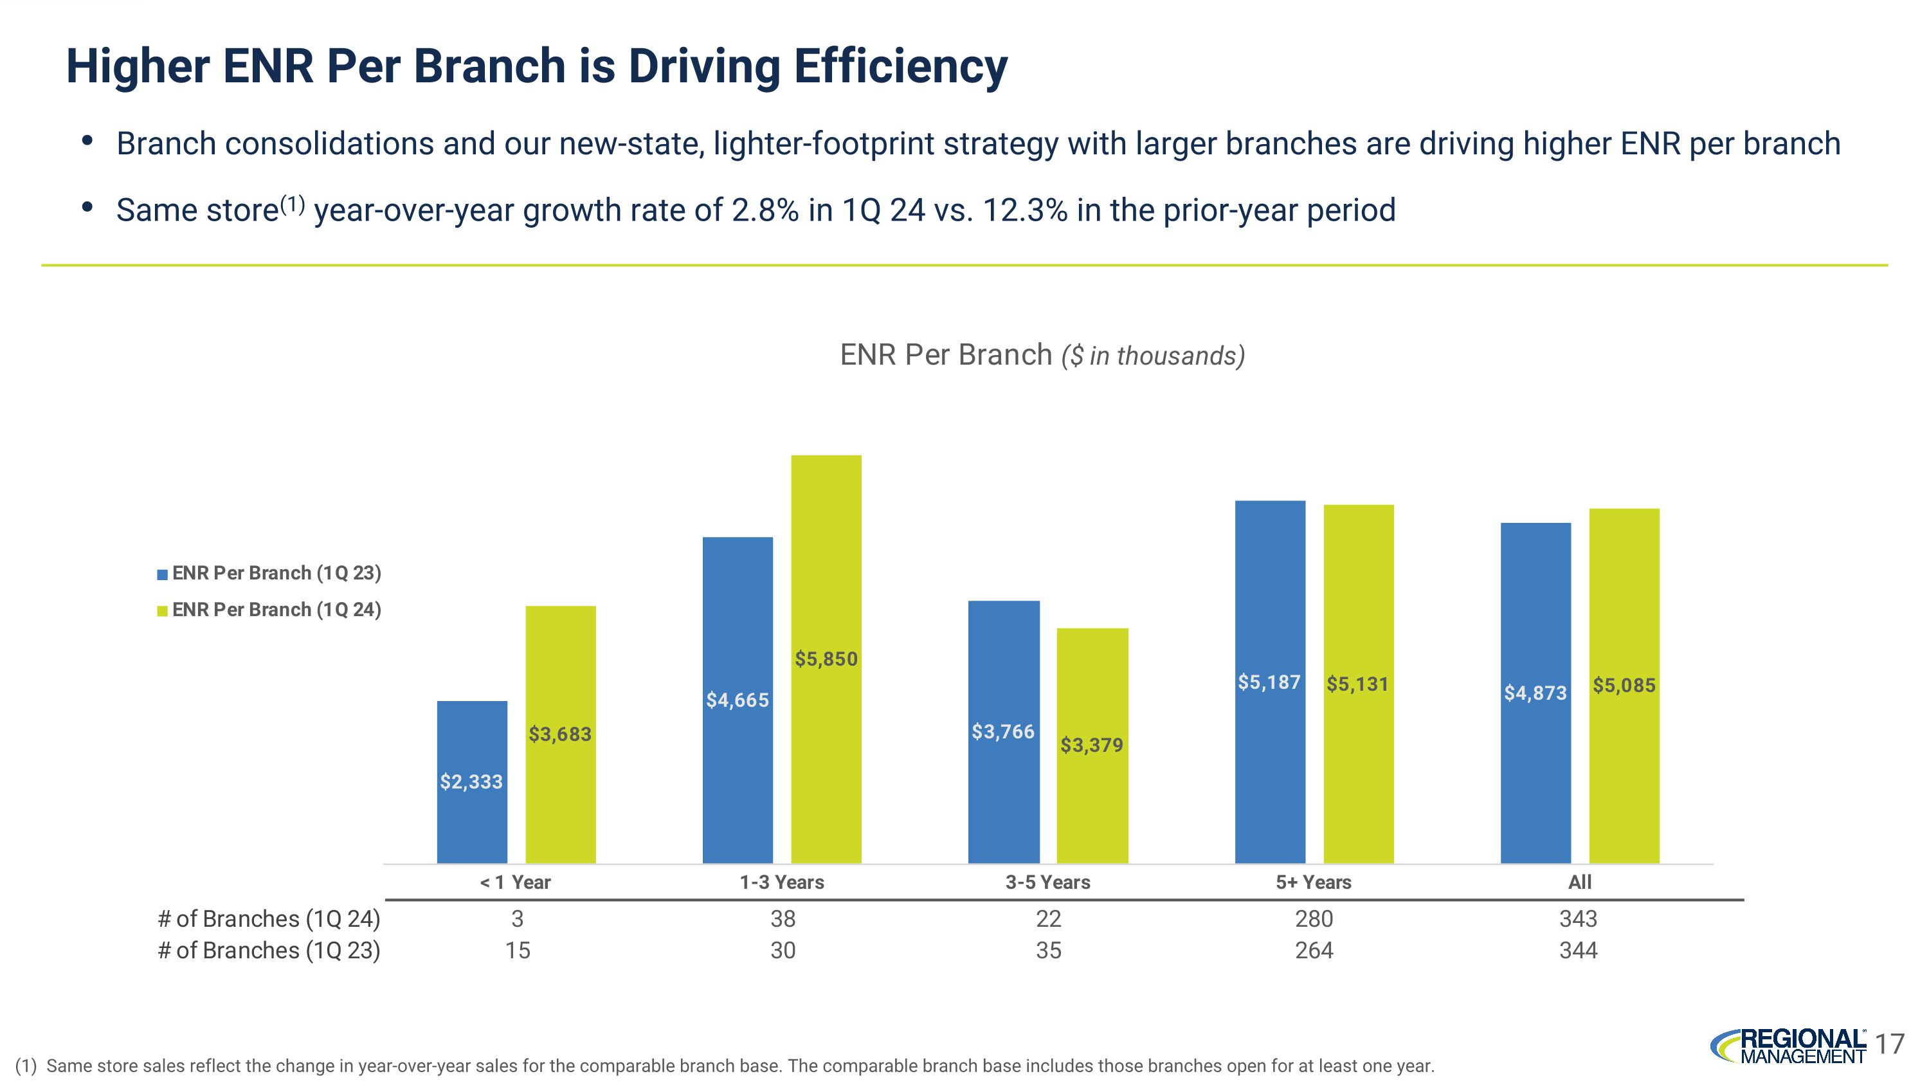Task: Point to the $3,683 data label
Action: point(560,734)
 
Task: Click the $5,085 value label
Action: point(1624,685)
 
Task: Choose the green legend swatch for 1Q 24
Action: point(163,611)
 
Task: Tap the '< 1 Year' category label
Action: point(515,882)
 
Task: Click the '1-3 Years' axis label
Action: point(782,882)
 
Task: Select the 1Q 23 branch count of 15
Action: point(518,950)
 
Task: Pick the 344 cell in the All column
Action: point(1578,950)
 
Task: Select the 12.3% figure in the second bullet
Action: point(1025,210)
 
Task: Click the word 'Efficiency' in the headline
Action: point(900,66)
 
